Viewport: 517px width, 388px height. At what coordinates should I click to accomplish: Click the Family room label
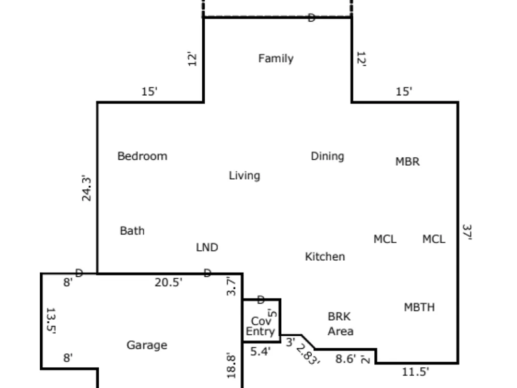[276, 59]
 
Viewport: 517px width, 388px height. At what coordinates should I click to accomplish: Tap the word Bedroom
[143, 156]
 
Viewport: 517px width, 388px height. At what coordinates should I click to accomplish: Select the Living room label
[245, 175]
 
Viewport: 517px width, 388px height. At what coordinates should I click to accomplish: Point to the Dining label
[327, 156]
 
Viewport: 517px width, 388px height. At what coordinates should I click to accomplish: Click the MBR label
[407, 161]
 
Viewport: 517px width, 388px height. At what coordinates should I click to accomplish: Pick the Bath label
[132, 231]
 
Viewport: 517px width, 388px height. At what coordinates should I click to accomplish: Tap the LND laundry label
[207, 247]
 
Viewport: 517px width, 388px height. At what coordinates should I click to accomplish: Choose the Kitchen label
[325, 257]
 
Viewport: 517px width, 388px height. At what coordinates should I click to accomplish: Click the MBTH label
[419, 307]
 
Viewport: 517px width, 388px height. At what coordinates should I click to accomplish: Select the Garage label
[147, 345]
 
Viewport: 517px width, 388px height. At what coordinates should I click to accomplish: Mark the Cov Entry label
[261, 326]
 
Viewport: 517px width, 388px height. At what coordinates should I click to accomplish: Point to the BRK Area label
[341, 324]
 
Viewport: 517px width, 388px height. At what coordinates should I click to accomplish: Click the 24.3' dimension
[86, 188]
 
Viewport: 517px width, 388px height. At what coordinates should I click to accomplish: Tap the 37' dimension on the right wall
[467, 232]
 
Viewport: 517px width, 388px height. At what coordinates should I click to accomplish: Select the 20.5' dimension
[169, 282]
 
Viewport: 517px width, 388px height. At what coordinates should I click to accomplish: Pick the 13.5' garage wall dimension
[51, 321]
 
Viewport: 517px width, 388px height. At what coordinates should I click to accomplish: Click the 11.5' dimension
[416, 372]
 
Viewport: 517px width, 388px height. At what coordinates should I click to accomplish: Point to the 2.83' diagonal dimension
[308, 354]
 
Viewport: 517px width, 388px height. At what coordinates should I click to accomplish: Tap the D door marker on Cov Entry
[261, 300]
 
